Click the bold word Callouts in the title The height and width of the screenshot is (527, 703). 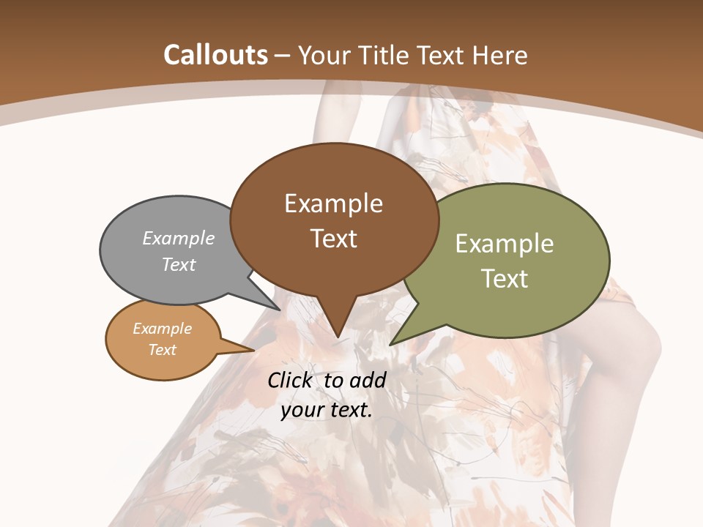(215, 55)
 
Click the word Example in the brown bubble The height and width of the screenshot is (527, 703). (334, 203)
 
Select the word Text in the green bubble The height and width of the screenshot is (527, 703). (505, 279)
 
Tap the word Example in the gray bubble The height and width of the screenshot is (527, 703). (179, 239)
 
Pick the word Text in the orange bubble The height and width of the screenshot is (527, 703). (163, 350)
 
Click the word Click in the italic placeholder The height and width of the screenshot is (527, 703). (291, 380)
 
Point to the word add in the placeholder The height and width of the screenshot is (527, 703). (368, 380)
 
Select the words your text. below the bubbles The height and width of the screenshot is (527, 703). (327, 410)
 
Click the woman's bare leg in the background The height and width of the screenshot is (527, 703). (622, 381)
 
